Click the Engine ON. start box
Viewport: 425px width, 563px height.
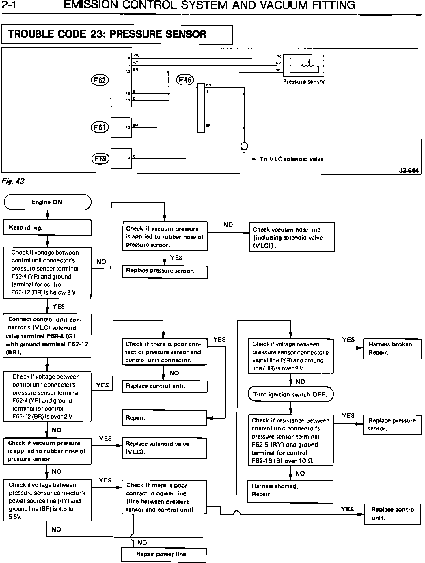tap(48, 202)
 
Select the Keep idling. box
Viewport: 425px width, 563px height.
tap(47, 228)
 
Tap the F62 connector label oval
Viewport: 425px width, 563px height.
tap(100, 80)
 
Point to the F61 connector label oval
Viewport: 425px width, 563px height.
tap(100, 127)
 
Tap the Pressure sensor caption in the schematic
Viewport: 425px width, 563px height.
tap(304, 82)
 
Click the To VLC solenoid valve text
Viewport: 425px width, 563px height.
tap(291, 159)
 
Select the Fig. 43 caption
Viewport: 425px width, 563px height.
tap(13, 181)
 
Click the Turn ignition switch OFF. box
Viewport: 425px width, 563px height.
tap(290, 394)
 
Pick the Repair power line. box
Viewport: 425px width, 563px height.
tap(164, 554)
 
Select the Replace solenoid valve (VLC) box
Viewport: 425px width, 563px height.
tap(164, 448)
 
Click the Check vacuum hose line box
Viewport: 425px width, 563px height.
tap(292, 237)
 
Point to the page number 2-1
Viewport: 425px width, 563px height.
tap(8, 5)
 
